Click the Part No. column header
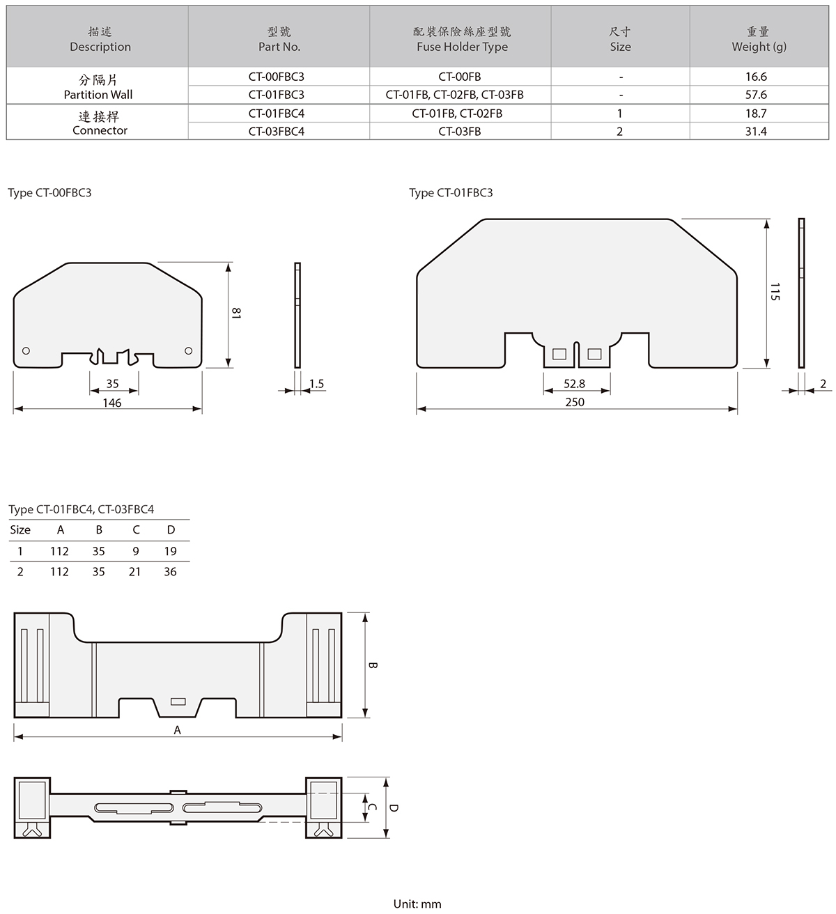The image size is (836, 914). point(279,39)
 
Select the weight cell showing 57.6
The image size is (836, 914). point(756,95)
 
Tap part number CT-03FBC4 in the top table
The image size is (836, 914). point(277,132)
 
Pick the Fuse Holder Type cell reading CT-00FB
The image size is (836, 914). point(460,77)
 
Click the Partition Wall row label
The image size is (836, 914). point(98,87)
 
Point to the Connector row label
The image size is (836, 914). point(100,123)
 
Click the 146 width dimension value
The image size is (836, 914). point(112,403)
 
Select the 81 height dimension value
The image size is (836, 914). point(236,313)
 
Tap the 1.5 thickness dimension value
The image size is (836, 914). point(316,384)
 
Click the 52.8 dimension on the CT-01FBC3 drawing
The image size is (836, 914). point(574,384)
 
